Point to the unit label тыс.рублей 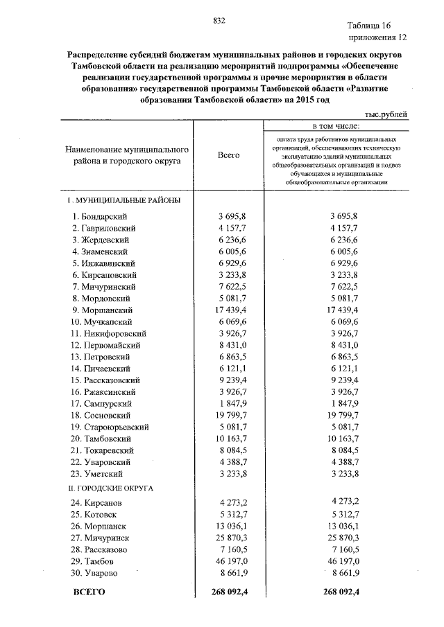point(385,114)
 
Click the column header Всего point(228,154)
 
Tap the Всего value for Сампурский point(232,404)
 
